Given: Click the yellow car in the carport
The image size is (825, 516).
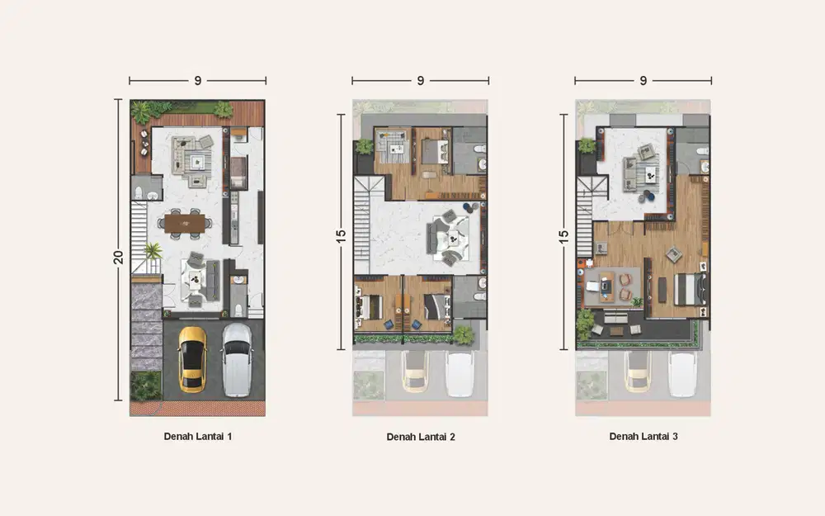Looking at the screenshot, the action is tap(192, 360).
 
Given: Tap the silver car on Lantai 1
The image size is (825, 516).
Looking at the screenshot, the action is tap(237, 360).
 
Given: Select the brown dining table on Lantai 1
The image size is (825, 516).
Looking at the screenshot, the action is tap(185, 223).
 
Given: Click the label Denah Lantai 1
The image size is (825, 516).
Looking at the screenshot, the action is tap(198, 437).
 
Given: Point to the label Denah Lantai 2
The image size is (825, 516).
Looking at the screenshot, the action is tap(421, 437).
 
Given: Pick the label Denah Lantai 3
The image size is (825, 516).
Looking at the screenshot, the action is tap(643, 437).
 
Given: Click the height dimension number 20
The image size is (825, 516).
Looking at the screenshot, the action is tap(118, 257).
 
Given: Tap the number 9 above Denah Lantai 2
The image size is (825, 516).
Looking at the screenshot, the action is tap(421, 81).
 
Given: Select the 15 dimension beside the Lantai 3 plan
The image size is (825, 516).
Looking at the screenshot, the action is tap(563, 237).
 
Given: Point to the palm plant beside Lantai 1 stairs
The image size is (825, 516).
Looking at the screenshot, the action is tap(153, 251).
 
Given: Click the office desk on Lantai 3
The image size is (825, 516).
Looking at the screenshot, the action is tap(606, 286).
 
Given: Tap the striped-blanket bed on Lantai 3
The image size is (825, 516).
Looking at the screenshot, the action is tap(690, 290).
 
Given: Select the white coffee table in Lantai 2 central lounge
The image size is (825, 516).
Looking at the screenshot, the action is tap(452, 240).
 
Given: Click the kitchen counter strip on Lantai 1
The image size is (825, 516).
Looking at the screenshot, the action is tap(233, 217).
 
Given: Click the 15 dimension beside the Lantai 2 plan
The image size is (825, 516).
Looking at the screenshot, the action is tap(341, 237).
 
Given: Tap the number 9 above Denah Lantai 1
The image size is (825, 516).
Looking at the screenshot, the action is tap(198, 81).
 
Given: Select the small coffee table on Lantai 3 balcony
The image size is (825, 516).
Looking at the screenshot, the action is tap(616, 331).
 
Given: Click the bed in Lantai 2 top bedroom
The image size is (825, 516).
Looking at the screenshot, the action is tap(436, 151).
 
